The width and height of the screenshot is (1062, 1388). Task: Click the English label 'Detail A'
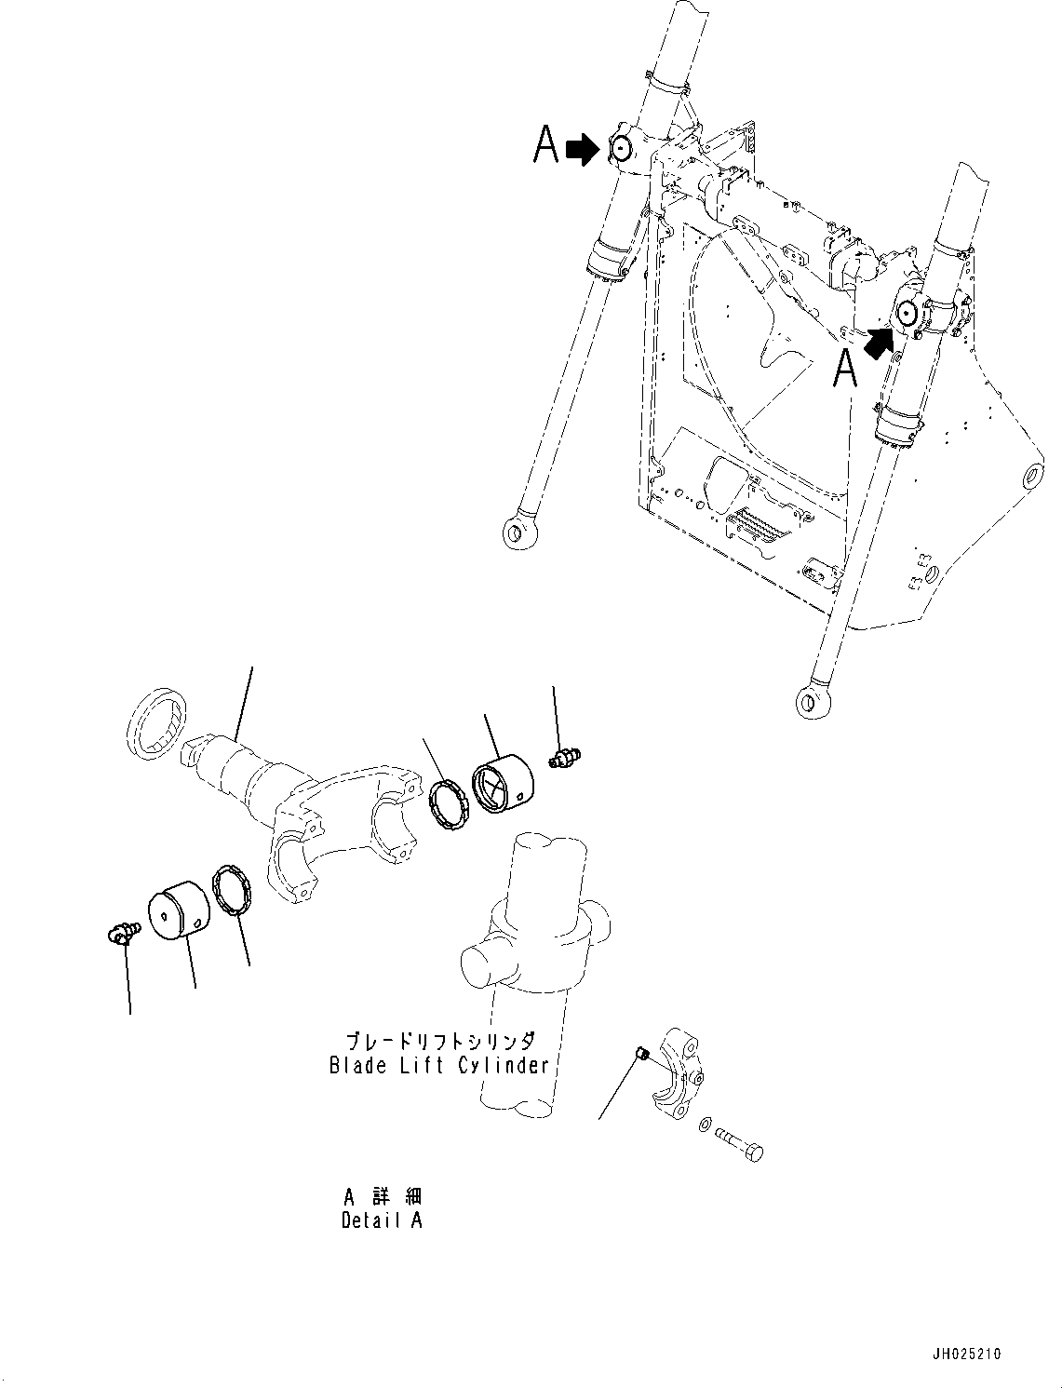382,1220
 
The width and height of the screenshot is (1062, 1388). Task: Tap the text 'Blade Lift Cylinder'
439,1065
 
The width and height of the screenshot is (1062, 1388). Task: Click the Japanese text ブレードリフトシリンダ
439,1042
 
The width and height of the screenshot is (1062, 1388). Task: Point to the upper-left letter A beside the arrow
545,146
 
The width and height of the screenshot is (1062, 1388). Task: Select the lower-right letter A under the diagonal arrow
844,369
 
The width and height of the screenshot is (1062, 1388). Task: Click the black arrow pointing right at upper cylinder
584,148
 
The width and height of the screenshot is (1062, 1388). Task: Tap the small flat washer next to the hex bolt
705,1125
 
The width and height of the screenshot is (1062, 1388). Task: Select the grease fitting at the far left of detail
120,932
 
